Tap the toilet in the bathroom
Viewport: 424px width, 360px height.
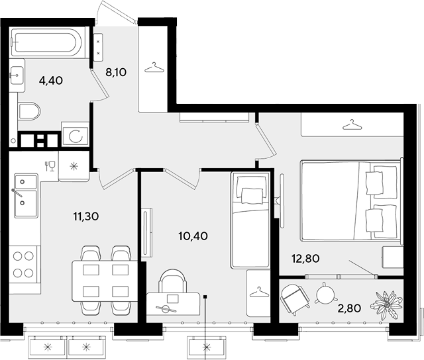tap(29, 111)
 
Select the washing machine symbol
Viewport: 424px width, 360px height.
tap(75, 135)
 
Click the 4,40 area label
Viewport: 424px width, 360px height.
tap(51, 81)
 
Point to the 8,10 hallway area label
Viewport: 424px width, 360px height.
tap(116, 72)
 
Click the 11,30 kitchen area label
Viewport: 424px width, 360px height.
tap(86, 216)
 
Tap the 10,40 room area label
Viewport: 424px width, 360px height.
tap(193, 236)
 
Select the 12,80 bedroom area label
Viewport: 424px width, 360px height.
tap(305, 259)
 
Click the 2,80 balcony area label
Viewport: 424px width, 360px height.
tap(349, 308)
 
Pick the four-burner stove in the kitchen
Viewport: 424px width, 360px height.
tap(23, 265)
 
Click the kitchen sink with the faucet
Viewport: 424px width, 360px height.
tap(26, 195)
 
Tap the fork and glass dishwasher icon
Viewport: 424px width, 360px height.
tap(50, 166)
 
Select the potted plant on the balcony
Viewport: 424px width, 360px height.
tap(387, 305)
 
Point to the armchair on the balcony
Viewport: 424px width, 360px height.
tap(295, 299)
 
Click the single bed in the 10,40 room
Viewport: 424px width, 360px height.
tap(250, 220)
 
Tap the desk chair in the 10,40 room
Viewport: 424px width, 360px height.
tap(173, 281)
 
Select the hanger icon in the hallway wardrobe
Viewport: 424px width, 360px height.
tap(154, 67)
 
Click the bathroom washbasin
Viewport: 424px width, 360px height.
tap(17, 75)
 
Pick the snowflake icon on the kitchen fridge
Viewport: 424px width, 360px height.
tap(74, 166)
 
